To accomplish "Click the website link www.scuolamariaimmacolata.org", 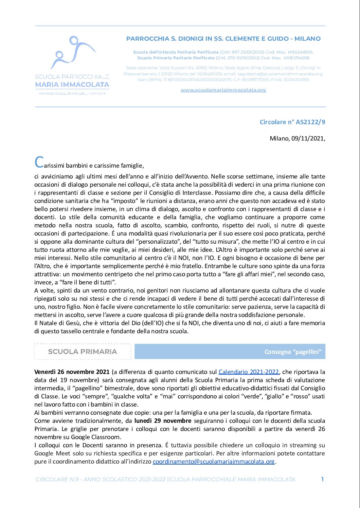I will (x=223, y=90).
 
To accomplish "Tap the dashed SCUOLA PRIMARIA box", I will (x=83, y=352).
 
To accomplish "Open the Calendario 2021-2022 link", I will (x=249, y=372).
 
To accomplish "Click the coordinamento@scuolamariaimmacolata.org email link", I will (x=214, y=462).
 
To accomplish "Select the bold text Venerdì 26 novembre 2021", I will (x=72, y=372).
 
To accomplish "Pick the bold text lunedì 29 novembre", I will (x=163, y=421).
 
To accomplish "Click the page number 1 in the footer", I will (x=322, y=479).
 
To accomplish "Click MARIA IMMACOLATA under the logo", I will (x=72, y=84).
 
